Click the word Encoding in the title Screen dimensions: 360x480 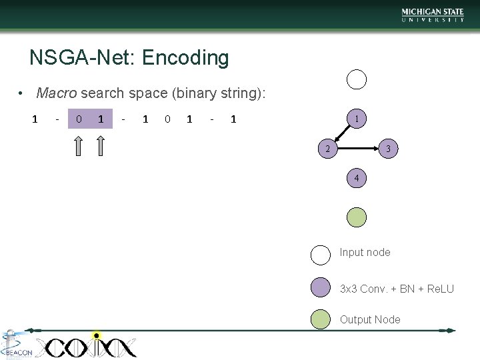(185, 59)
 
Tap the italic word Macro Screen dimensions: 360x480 (56, 93)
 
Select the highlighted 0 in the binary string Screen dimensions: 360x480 (79, 119)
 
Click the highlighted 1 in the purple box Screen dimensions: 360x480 (101, 119)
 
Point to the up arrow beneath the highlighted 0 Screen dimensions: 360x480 (79, 145)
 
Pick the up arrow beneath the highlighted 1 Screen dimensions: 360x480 (101, 145)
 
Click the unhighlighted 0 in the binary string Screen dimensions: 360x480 (167, 119)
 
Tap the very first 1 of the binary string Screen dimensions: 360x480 (35, 119)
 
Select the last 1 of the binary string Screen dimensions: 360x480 (233, 119)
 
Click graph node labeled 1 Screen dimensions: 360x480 (357, 119)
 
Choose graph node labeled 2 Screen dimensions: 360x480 (327, 149)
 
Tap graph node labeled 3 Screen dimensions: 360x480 (389, 149)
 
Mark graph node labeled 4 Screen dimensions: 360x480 (357, 178)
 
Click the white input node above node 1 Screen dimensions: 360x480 (357, 79)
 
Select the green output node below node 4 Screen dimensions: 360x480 (357, 217)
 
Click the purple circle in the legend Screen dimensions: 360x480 (321, 287)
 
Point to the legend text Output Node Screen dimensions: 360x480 (370, 320)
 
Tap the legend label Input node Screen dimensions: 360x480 (365, 252)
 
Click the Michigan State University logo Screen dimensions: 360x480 (433, 15)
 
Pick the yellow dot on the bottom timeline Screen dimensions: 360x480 (97, 335)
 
